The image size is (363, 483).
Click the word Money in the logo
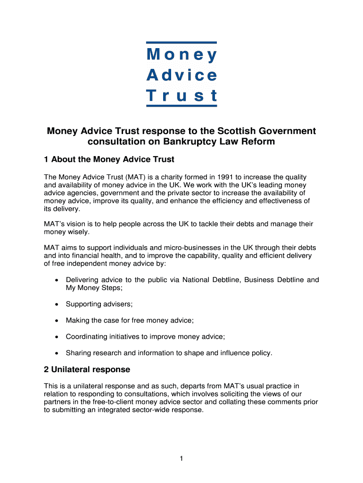coord(181,55)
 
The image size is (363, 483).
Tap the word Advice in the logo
coord(181,75)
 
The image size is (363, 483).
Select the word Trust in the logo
coord(181,96)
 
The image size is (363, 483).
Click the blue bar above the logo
coord(181,42)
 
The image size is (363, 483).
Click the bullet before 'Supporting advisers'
coord(57,304)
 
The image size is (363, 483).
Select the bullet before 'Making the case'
coord(57,321)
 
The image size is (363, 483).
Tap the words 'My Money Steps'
coord(93,288)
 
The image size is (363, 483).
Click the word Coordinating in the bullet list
coord(87,337)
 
